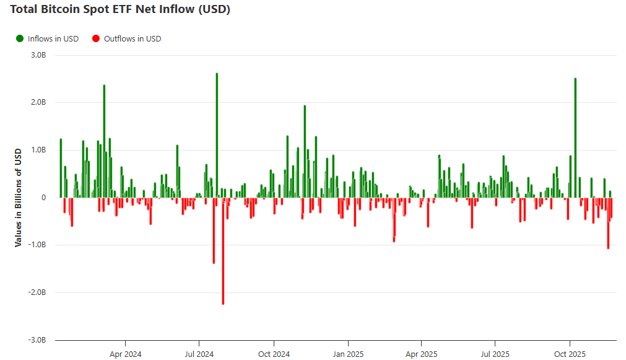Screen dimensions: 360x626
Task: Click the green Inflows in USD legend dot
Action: coord(20,38)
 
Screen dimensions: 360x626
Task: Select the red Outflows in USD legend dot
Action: coord(96,38)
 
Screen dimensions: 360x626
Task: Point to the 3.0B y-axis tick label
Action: coord(38,55)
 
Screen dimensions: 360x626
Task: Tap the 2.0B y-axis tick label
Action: coord(38,102)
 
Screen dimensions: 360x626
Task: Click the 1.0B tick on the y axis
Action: coord(38,150)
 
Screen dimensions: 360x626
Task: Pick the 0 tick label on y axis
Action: coord(43,198)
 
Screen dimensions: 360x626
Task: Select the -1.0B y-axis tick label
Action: coord(37,245)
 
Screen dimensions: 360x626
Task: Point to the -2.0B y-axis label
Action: coord(37,292)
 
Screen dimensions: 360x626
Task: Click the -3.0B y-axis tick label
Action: coord(37,340)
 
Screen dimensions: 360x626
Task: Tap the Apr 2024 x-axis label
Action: coord(125,354)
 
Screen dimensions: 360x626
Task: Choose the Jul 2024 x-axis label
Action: coord(199,354)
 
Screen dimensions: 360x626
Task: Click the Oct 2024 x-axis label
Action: coord(274,354)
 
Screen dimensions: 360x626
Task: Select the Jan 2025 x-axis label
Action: coord(348,354)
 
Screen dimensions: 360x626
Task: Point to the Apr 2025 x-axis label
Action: coord(421,354)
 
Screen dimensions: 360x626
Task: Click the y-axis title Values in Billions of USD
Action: coord(18,198)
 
